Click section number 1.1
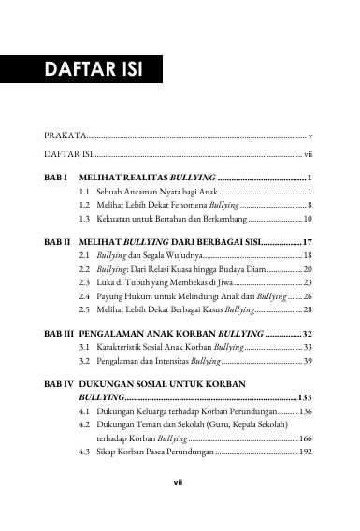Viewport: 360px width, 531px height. tap(85, 191)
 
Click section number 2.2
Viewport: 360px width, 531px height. tap(85, 268)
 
